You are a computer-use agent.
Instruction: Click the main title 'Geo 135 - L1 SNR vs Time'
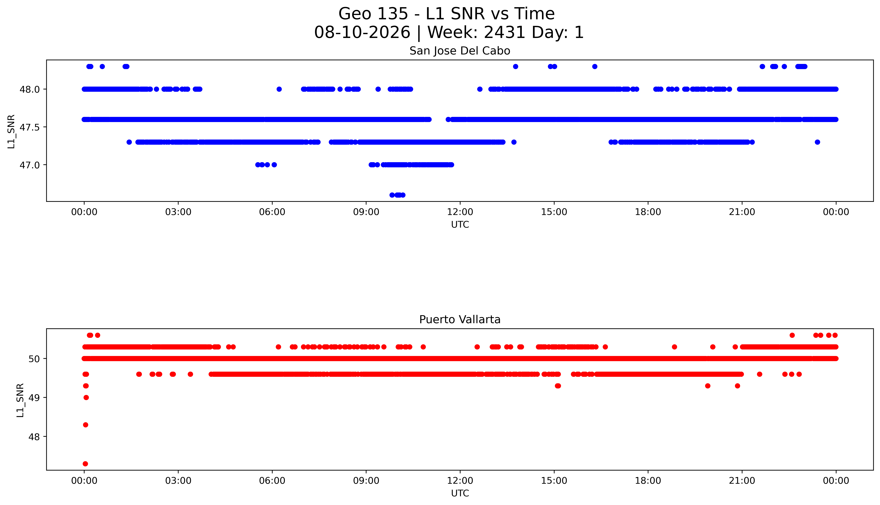coord(447,14)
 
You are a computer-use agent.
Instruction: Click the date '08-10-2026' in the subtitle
coord(362,33)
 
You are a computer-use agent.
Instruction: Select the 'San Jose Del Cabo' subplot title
coord(460,51)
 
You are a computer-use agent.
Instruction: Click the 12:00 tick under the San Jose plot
coord(460,212)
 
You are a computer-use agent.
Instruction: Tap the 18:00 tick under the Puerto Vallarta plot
coord(648,481)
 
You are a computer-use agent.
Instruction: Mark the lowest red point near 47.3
coord(85,464)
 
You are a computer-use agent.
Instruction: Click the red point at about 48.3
coord(85,425)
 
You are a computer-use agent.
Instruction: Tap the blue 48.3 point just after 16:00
coord(595,67)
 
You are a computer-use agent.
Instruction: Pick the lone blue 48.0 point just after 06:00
coord(279,89)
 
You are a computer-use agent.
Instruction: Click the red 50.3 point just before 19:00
coord(674,347)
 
